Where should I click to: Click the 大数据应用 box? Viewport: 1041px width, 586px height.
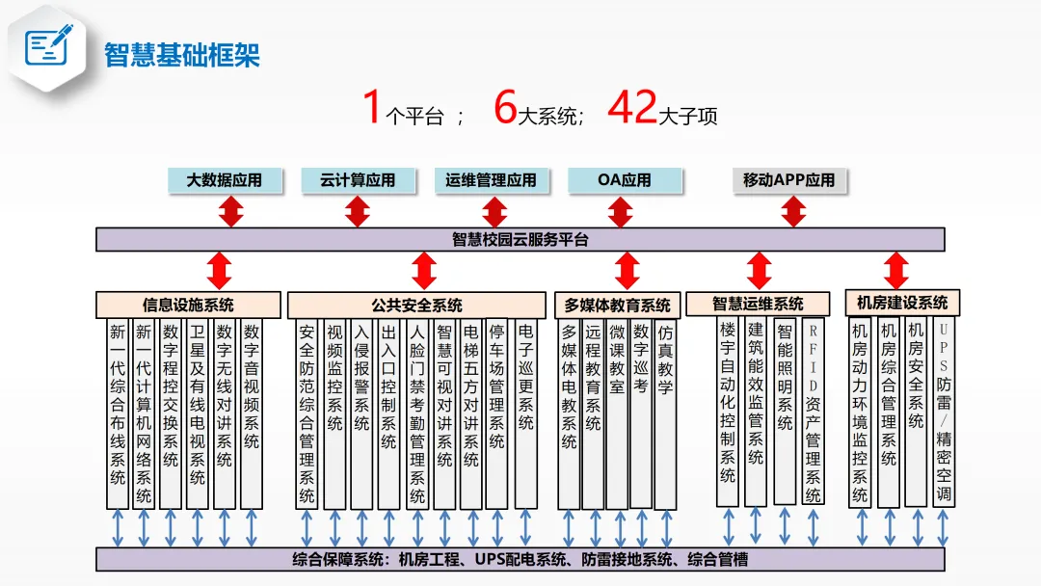point(224,180)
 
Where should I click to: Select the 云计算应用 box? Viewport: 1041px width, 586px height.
point(358,180)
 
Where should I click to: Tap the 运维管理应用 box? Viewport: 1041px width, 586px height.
point(491,180)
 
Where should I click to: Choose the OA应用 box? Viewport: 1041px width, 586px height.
point(625,180)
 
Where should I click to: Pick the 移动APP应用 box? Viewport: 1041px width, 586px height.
point(788,180)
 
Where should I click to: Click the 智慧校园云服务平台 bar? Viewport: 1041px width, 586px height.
point(520,240)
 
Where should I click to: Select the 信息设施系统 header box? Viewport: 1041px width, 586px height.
point(188,305)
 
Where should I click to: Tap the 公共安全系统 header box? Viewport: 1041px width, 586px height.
point(417,305)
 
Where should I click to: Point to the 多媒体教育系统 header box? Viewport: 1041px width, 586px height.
point(617,305)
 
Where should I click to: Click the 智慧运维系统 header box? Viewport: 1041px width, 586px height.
point(758,304)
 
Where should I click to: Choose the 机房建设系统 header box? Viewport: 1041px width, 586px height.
point(902,302)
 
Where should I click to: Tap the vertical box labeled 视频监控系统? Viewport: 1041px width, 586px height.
point(334,413)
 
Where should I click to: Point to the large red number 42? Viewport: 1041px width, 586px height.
point(631,107)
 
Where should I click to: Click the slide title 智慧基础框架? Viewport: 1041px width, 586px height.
point(182,54)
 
